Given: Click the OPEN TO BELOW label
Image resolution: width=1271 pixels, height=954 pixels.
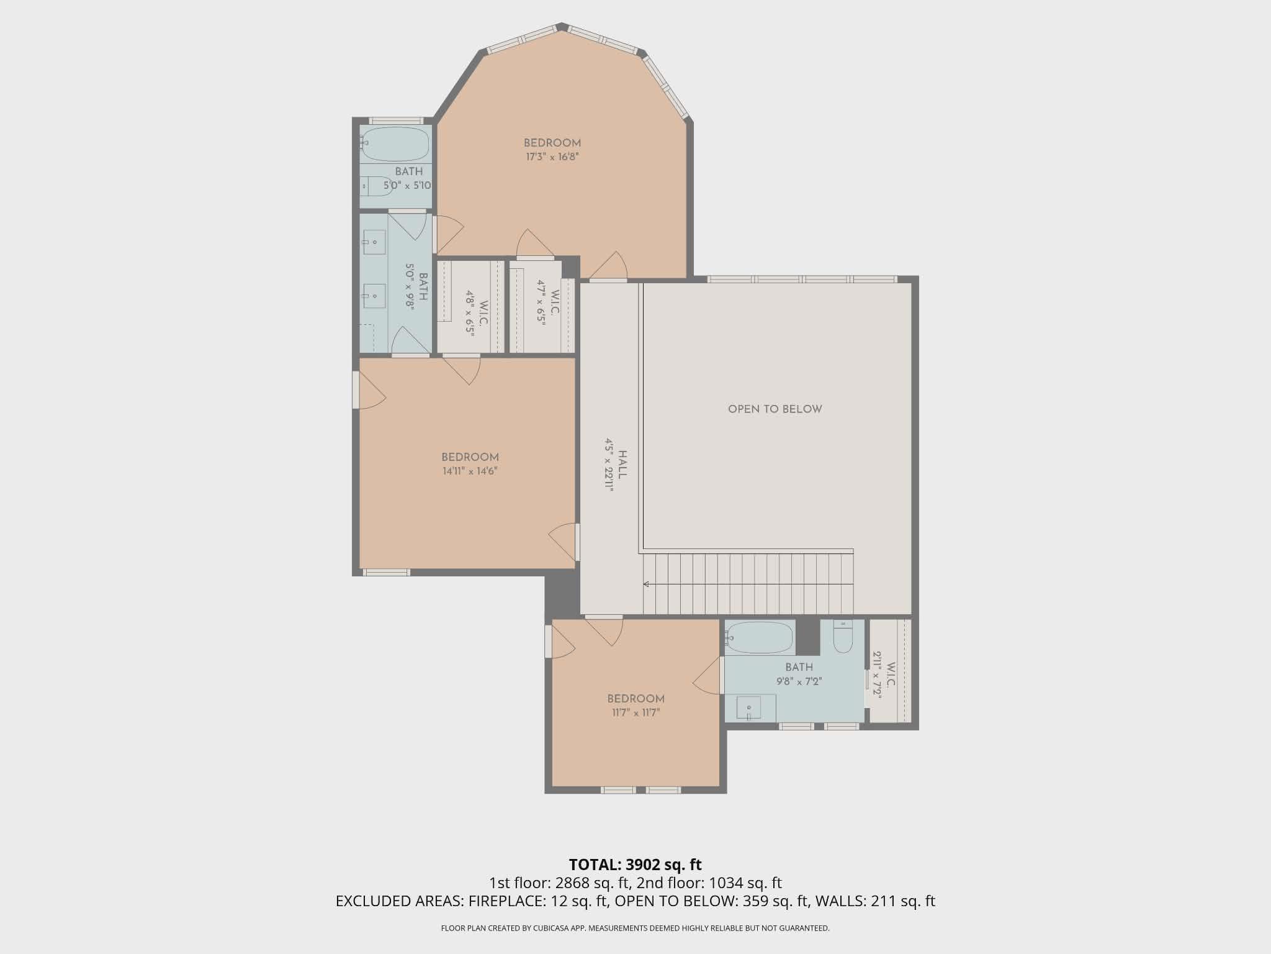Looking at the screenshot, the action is (x=775, y=409).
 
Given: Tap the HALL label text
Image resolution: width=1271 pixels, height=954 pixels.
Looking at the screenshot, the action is (x=623, y=465).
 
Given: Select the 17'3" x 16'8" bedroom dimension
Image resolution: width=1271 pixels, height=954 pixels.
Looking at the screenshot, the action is (x=552, y=157).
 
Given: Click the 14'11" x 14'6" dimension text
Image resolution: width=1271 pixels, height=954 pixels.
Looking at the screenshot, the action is (x=470, y=471).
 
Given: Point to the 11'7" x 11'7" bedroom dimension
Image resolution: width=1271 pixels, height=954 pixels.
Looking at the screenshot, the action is (x=635, y=712).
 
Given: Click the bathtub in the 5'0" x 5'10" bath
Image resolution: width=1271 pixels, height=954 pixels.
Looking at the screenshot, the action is (x=395, y=144).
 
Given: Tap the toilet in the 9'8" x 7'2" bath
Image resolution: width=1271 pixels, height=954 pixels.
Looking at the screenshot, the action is (x=843, y=637).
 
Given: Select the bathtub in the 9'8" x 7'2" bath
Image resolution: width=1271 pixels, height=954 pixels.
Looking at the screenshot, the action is (x=759, y=637).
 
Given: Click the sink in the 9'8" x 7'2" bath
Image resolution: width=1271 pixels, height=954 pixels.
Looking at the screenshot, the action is (x=749, y=707).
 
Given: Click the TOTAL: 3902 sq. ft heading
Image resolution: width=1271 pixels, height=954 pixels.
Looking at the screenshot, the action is (x=635, y=865).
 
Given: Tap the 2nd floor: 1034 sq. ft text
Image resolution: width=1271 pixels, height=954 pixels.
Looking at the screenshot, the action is (x=709, y=883).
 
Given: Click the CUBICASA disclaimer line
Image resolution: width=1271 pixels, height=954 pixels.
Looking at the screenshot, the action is (x=635, y=929).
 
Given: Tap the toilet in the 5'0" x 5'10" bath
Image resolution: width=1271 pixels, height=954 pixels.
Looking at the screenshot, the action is (x=377, y=185).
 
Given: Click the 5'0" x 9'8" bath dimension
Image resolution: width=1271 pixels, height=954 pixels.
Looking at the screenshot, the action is (x=410, y=286).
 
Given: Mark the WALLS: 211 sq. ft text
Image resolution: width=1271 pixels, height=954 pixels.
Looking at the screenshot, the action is (x=875, y=901).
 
